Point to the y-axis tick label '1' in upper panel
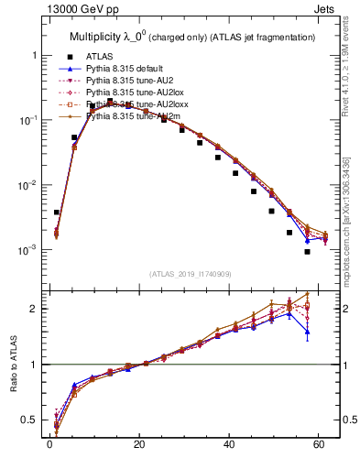(x=36, y=55)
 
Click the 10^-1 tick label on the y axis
(x=29, y=120)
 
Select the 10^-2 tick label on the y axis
(x=29, y=185)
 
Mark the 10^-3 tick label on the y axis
(x=29, y=250)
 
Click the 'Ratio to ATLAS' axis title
(x=13, y=362)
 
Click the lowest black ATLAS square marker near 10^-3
(x=308, y=252)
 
